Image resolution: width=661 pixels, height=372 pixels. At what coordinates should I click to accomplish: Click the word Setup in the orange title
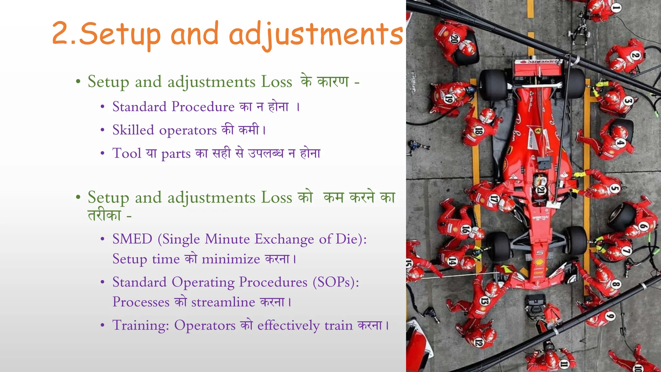[x=119, y=34]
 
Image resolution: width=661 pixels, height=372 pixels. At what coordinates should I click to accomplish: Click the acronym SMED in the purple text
[x=132, y=239]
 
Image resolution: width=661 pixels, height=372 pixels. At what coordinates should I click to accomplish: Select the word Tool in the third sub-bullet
[x=127, y=153]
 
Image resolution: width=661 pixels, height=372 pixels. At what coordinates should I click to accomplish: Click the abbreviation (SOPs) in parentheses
[x=336, y=282]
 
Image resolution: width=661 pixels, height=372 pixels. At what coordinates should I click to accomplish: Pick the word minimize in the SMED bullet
[x=231, y=259]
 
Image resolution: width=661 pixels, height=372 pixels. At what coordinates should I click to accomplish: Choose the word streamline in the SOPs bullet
[x=223, y=302]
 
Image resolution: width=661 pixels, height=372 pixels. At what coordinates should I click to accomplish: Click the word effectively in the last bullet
[x=288, y=325]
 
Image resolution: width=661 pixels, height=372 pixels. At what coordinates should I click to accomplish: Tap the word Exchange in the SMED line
[x=284, y=239]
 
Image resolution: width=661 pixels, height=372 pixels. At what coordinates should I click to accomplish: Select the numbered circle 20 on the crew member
[x=454, y=39]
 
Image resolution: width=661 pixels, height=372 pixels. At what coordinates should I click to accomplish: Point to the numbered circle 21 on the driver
[x=541, y=191]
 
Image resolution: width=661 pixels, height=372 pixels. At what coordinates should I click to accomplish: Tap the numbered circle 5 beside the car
[x=615, y=189]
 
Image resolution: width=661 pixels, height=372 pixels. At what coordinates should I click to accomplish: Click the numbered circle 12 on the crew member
[x=479, y=343]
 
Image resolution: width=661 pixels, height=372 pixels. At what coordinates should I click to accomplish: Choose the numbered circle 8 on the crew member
[x=616, y=284]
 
